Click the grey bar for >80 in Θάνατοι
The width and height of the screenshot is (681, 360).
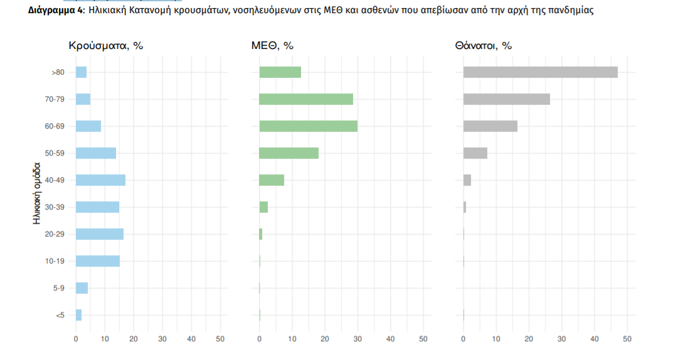[540, 72]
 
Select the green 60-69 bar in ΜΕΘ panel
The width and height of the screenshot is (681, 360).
[308, 126]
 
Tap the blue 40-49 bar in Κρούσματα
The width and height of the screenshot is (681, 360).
[100, 180]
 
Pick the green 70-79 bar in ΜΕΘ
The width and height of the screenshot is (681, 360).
[306, 99]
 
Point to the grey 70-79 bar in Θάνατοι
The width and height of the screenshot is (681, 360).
[506, 99]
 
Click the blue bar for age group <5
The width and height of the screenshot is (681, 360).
[78, 315]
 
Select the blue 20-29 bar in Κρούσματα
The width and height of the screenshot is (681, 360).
[99, 234]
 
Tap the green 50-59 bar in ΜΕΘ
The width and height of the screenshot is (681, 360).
[288, 153]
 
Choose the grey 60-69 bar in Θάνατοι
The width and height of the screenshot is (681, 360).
[490, 126]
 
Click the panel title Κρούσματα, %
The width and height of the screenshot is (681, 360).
[105, 46]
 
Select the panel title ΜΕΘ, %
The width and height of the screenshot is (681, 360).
[272, 46]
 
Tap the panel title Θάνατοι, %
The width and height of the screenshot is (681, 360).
[483, 46]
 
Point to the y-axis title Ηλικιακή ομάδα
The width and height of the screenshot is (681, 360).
[38, 194]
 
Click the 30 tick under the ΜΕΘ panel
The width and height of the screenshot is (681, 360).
[357, 339]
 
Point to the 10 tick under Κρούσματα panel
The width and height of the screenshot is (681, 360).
[105, 339]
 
